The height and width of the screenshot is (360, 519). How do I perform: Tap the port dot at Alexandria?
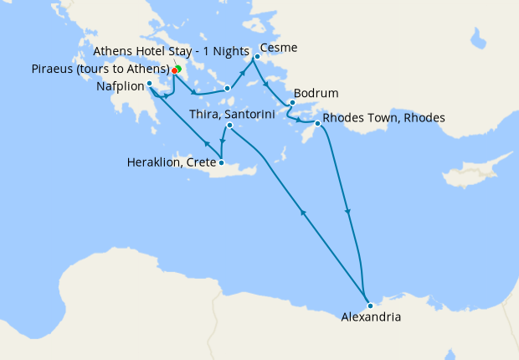(x=370, y=306)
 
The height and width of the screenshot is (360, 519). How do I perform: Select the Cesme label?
(x=279, y=48)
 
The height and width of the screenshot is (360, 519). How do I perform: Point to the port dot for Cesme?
(x=257, y=57)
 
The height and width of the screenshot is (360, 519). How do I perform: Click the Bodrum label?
(x=309, y=94)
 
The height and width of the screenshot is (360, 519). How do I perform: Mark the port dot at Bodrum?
(x=291, y=103)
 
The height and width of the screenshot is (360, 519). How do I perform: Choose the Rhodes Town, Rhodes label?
(x=383, y=117)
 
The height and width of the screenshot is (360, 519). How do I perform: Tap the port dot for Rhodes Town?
(x=317, y=124)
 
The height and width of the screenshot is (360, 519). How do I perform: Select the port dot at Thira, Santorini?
(x=229, y=126)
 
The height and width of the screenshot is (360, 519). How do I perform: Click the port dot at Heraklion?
(x=221, y=162)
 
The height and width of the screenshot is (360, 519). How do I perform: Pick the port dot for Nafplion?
(x=149, y=84)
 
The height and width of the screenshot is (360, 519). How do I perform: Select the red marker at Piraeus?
(x=174, y=71)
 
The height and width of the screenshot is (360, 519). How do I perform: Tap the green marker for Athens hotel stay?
(x=178, y=69)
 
